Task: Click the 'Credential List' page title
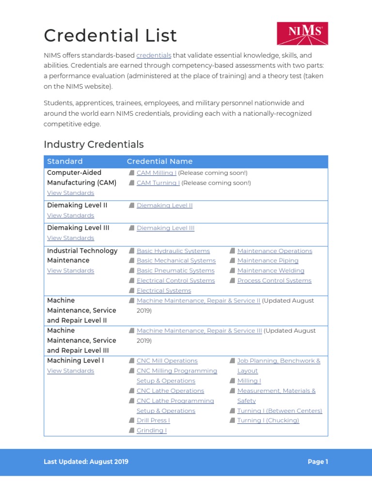pos(110,36)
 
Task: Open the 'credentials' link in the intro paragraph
pos(154,55)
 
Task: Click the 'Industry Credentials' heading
pos(93,144)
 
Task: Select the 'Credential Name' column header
pos(159,161)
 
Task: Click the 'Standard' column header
pos(64,161)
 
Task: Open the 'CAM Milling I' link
pos(156,173)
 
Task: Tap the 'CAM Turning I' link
pos(158,183)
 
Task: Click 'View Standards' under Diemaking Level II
pos(70,216)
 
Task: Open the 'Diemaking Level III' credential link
pos(165,228)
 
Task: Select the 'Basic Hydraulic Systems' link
pos(173,251)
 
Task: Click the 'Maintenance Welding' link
pos(270,271)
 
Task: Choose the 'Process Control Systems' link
pos(274,281)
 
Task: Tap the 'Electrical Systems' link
pos(164,291)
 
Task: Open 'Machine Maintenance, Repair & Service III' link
pos(199,331)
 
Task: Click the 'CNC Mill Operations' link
pos(167,361)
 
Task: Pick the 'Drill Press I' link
pos(153,420)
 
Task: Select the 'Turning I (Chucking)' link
pos(268,420)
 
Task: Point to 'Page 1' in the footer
pos(318,462)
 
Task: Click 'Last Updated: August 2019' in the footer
pos(86,462)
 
